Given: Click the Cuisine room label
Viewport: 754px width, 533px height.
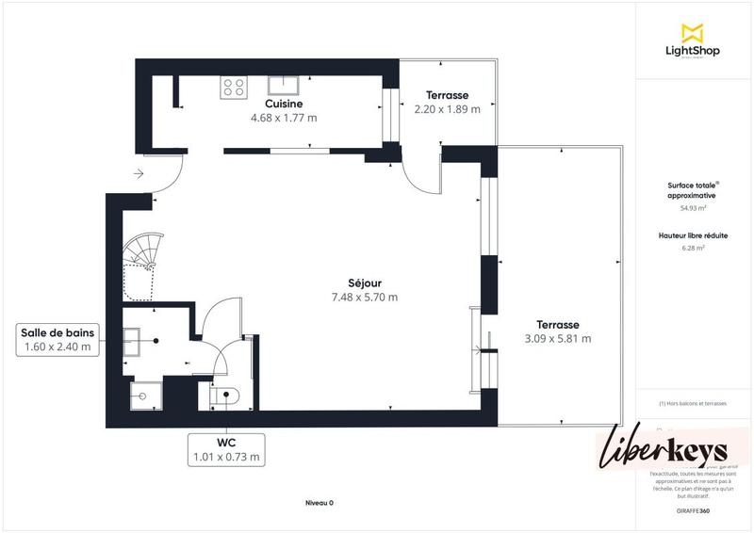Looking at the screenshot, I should click(x=283, y=105).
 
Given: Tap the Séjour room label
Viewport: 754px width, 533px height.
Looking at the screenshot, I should click(x=363, y=283).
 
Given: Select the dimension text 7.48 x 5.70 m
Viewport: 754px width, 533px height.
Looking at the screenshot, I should click(x=363, y=298).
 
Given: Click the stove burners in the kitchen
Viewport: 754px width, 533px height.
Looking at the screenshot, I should click(x=234, y=88).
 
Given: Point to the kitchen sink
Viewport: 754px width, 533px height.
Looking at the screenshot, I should click(x=283, y=86).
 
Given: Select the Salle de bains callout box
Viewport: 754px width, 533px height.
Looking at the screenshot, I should click(x=58, y=339).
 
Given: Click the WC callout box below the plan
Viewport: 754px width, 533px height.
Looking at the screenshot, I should click(x=226, y=449).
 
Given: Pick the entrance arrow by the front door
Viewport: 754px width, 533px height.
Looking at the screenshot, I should click(x=138, y=173).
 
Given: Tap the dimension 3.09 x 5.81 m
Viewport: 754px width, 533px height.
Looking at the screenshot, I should click(x=557, y=339).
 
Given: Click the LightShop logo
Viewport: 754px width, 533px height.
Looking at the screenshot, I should click(x=692, y=41).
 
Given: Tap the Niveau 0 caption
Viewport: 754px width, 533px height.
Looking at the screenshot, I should click(x=319, y=503).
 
